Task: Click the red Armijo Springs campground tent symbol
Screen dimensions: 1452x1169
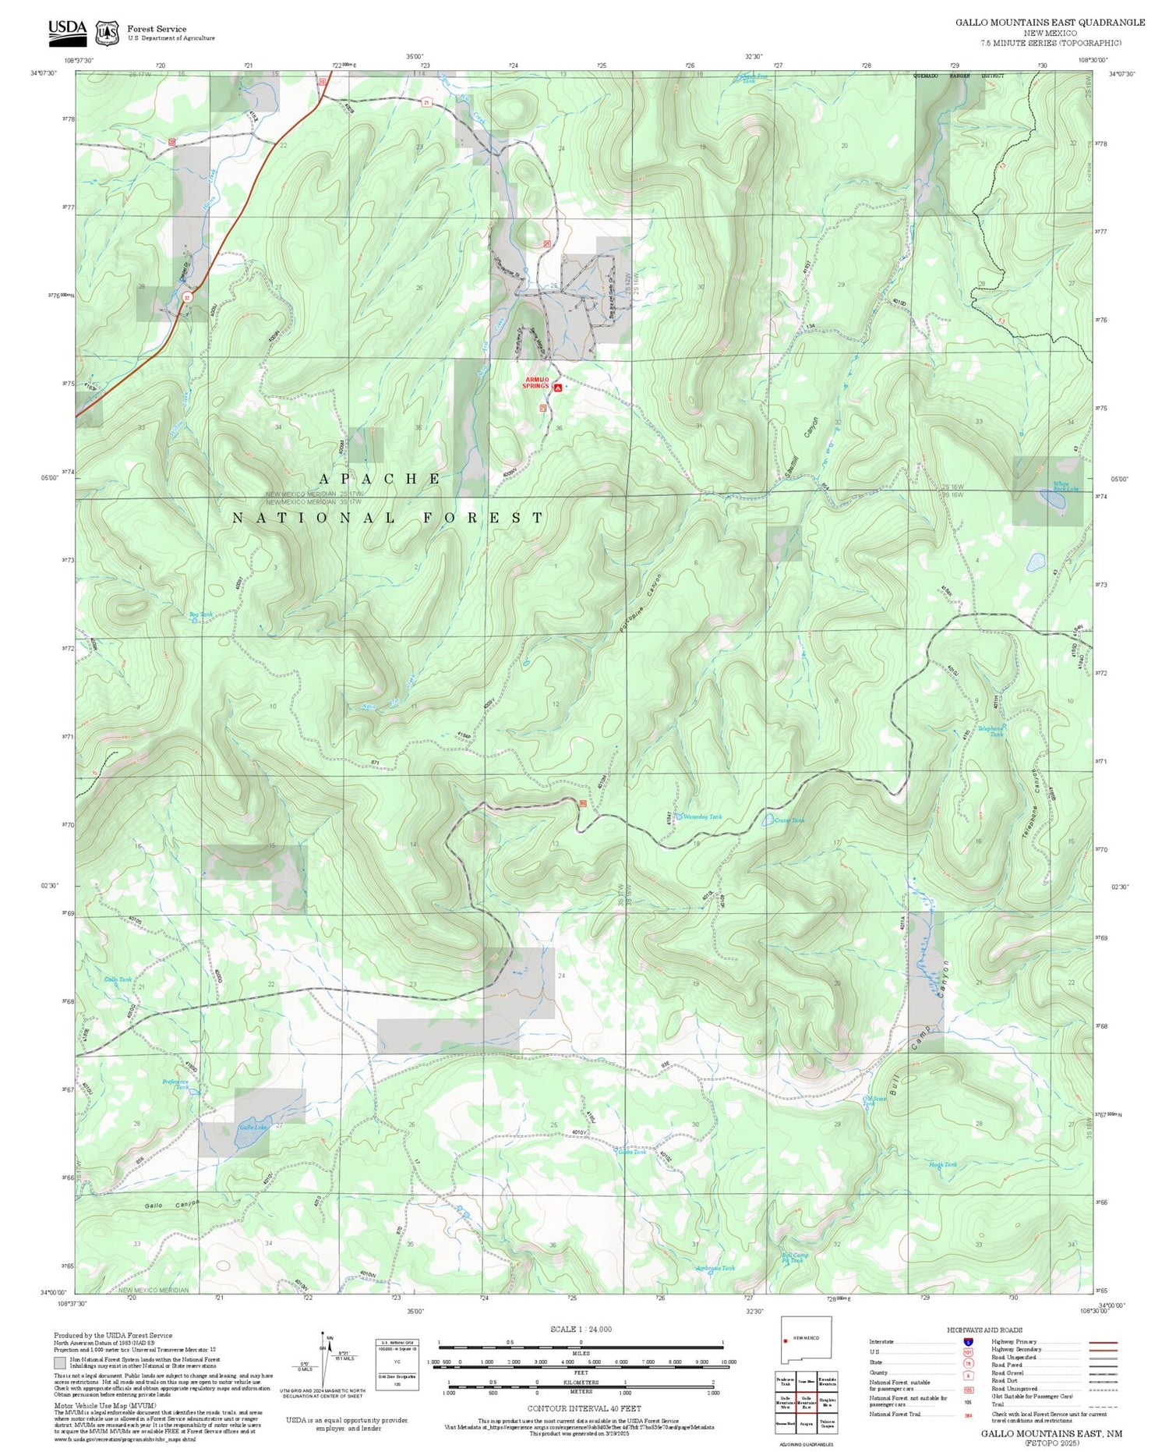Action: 557,387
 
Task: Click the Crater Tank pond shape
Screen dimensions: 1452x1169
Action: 768,820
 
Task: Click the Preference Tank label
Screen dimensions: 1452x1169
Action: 175,1084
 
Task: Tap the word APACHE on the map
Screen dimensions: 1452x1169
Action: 380,479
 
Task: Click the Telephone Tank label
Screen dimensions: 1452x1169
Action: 991,731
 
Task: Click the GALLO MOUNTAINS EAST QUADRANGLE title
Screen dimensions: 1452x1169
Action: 1050,23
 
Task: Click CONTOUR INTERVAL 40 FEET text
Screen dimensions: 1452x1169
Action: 584,1408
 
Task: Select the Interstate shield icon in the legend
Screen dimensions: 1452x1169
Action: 967,1341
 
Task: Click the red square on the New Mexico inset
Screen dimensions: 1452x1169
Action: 786,1341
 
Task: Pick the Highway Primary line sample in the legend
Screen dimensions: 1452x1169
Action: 1100,1342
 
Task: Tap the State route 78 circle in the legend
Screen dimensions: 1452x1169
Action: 967,1363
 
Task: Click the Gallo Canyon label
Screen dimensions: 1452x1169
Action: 172,1205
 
